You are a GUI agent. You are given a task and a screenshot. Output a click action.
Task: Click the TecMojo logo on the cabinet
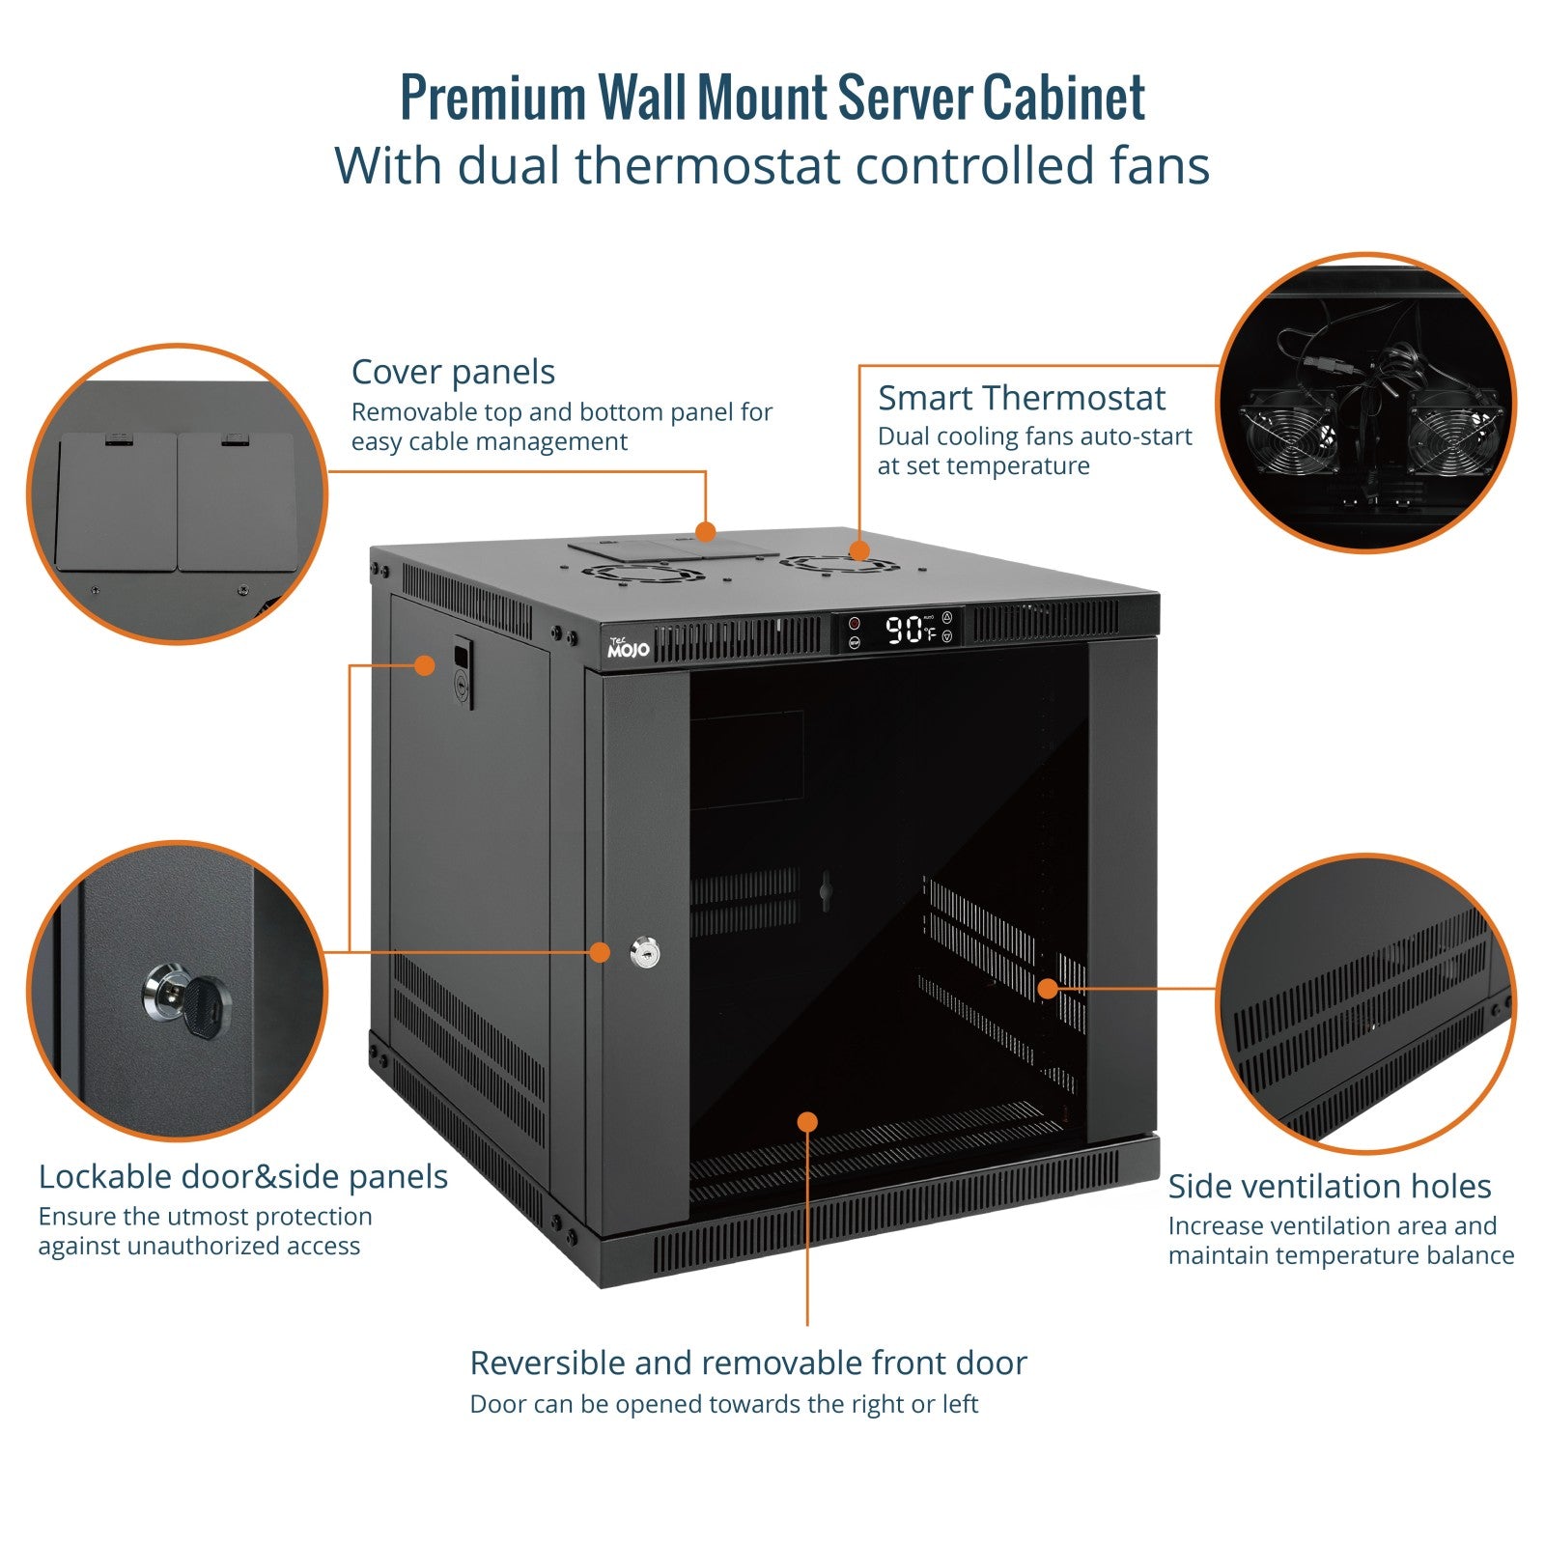click(x=628, y=648)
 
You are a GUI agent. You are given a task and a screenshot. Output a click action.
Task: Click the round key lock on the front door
click(x=645, y=953)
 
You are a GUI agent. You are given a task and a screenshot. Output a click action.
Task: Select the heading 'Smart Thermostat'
click(x=1021, y=398)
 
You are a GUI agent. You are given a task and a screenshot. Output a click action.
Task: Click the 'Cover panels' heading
click(x=453, y=372)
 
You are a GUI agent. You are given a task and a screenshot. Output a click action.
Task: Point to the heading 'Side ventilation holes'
click(x=1329, y=1186)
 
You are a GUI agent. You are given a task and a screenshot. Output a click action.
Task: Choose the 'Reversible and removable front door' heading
click(x=747, y=1362)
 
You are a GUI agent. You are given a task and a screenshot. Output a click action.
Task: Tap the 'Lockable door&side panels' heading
click(x=243, y=1176)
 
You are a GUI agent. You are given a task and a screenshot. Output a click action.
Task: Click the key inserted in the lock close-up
click(x=205, y=1004)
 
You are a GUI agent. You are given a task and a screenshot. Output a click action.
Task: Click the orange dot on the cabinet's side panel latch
click(x=424, y=664)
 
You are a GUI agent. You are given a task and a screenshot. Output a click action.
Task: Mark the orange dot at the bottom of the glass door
click(x=807, y=1121)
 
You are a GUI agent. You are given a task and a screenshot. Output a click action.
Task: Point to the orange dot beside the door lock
click(x=600, y=952)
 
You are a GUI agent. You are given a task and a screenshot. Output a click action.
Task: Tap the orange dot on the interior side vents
click(x=1048, y=988)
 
